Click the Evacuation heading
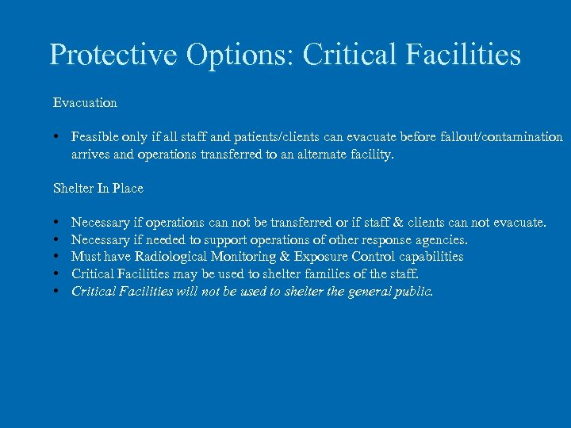pos(85,103)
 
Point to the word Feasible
pos(94,137)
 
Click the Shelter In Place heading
pos(98,189)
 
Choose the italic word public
pos(414,291)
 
